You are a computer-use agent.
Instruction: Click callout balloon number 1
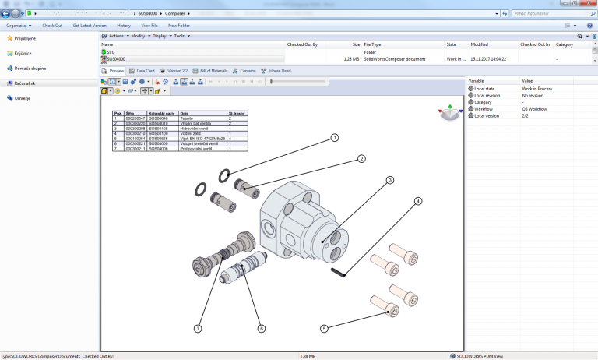click(x=334, y=138)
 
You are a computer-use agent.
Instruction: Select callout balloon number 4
click(x=418, y=201)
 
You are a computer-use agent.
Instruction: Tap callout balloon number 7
click(x=199, y=329)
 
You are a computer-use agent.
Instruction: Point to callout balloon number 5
click(x=324, y=329)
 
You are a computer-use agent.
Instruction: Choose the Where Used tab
click(x=278, y=71)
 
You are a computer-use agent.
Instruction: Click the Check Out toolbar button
click(x=52, y=25)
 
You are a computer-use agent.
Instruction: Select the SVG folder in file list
click(x=111, y=52)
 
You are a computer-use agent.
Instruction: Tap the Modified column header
click(x=480, y=44)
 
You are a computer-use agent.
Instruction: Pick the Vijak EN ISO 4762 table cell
click(x=202, y=138)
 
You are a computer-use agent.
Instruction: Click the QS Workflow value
click(x=535, y=109)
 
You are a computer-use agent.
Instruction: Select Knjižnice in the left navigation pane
click(x=25, y=52)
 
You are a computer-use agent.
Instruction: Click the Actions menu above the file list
click(x=117, y=36)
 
